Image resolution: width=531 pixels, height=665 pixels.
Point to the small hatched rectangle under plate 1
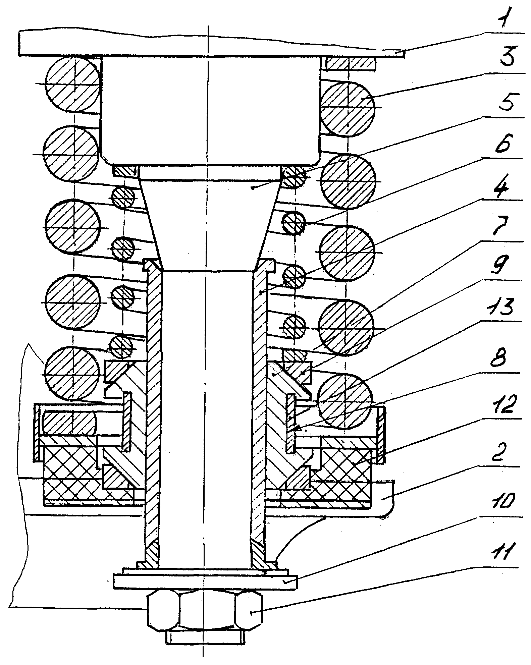(351, 64)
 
